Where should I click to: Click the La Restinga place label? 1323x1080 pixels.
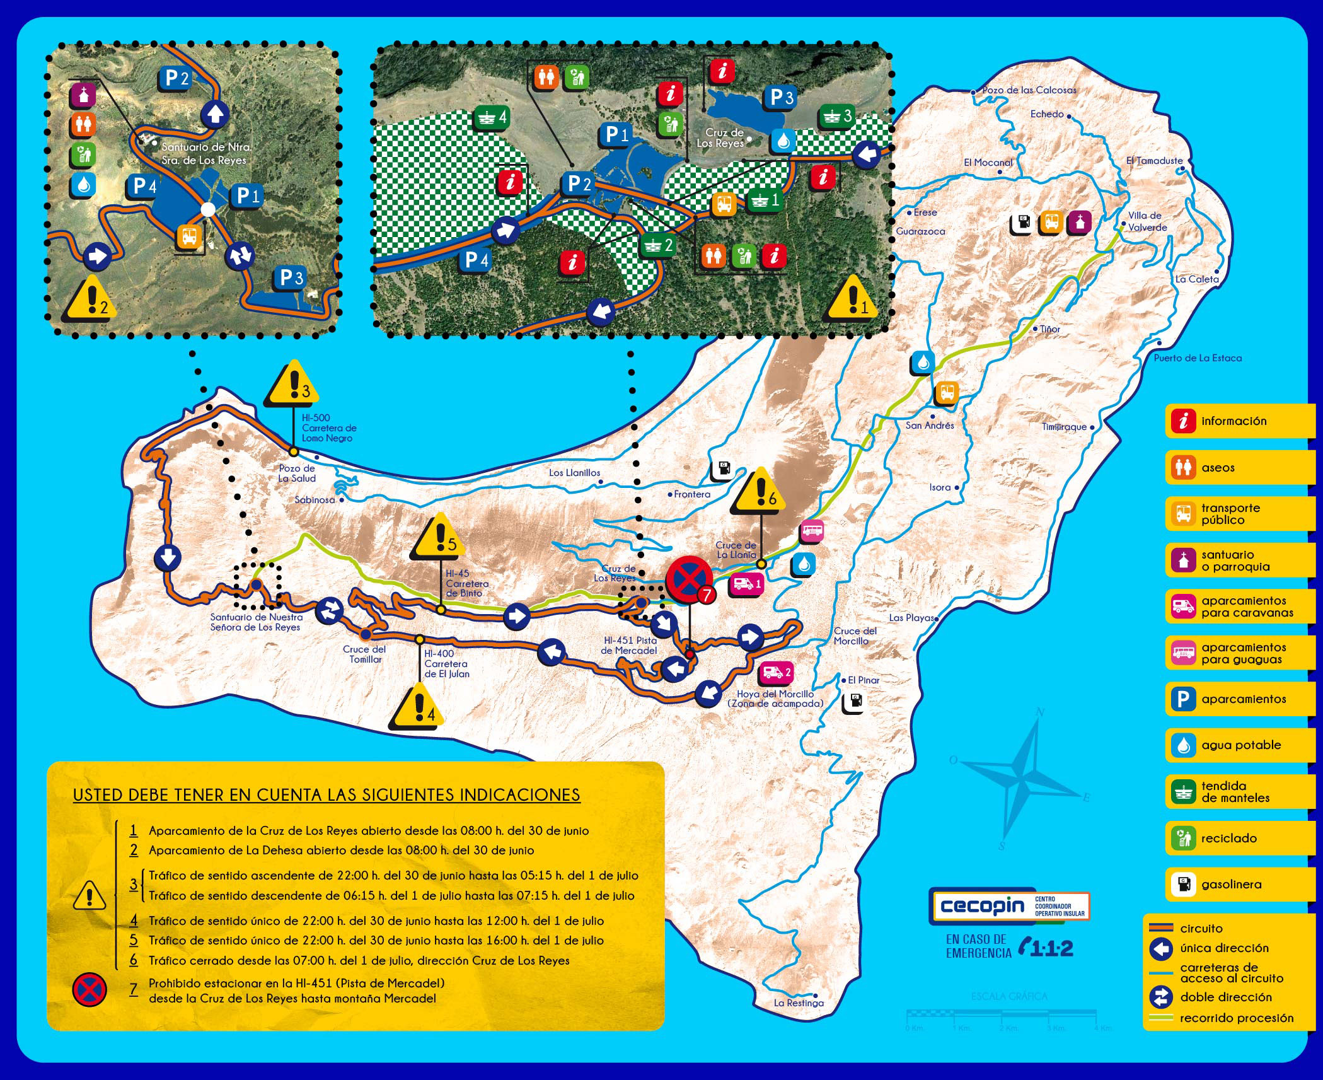(799, 1002)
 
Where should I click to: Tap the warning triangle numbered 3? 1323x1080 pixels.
(292, 385)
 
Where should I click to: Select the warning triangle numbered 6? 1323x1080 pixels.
(760, 492)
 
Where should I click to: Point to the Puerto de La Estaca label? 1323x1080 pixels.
(1198, 357)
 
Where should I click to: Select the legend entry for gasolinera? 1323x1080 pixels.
(1239, 884)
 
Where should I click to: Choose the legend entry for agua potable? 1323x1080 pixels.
(1239, 745)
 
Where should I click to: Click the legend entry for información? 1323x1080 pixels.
(1239, 421)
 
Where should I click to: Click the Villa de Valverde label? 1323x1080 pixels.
(1147, 221)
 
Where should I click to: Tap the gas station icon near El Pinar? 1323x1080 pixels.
(853, 702)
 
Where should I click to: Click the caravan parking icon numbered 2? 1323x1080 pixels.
(776, 673)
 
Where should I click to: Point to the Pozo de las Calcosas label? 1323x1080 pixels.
(1029, 90)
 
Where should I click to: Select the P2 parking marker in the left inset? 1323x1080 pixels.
(176, 78)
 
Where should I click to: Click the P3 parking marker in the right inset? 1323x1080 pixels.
(782, 98)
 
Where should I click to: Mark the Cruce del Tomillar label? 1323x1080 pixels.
(364, 654)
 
